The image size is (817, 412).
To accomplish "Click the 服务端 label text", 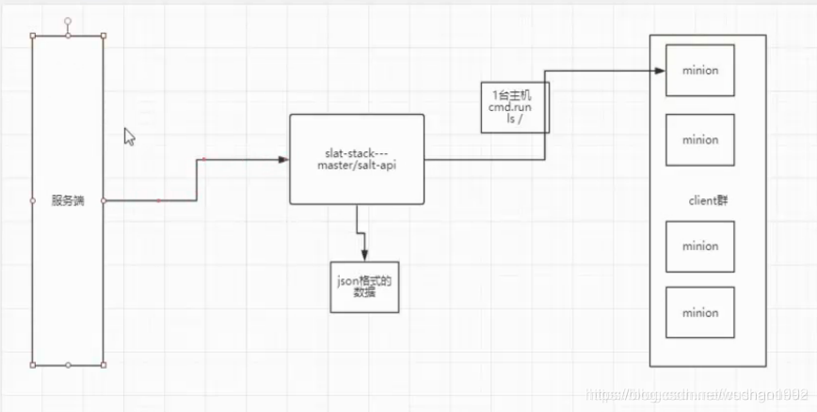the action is pos(68,200).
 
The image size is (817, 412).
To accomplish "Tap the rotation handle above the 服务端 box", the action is pos(68,20).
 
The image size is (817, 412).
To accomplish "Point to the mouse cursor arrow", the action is pos(129,136).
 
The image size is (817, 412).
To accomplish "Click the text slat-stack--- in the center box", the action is pos(356,153).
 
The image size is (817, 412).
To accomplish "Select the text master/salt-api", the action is pos(356,166).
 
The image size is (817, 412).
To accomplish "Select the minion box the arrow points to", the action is pos(699,70).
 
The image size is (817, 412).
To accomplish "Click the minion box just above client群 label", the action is pos(699,139).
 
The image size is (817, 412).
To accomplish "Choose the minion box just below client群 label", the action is pos(699,246).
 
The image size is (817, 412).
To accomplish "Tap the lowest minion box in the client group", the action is pos(699,312).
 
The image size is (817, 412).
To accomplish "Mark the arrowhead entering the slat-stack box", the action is pos(283,160).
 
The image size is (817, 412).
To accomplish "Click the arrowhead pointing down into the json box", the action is pos(363,255).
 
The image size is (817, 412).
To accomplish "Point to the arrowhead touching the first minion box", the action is pos(660,71).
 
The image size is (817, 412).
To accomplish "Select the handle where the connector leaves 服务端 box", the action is pos(104,200).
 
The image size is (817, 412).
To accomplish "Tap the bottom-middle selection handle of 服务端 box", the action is pos(68,364).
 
